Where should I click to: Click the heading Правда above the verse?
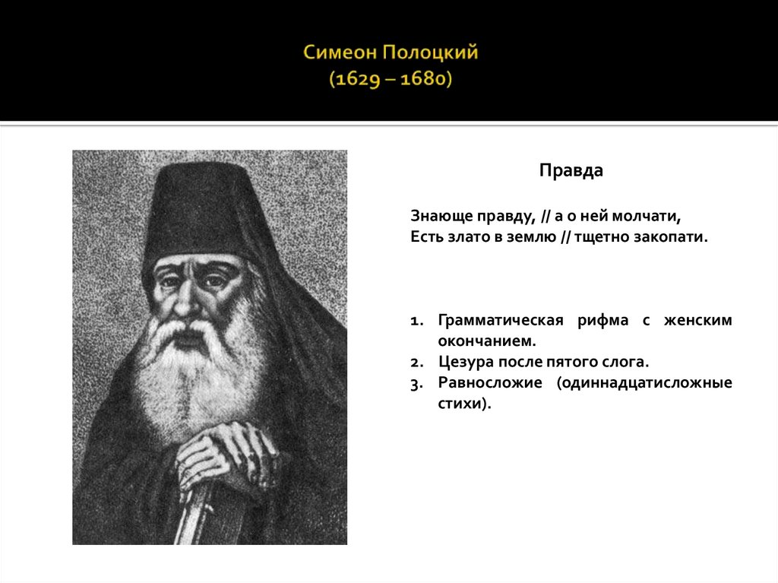pyautogui.click(x=571, y=171)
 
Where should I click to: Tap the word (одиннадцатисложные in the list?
pyautogui.click(x=644, y=383)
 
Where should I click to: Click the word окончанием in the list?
pyautogui.click(x=482, y=341)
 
